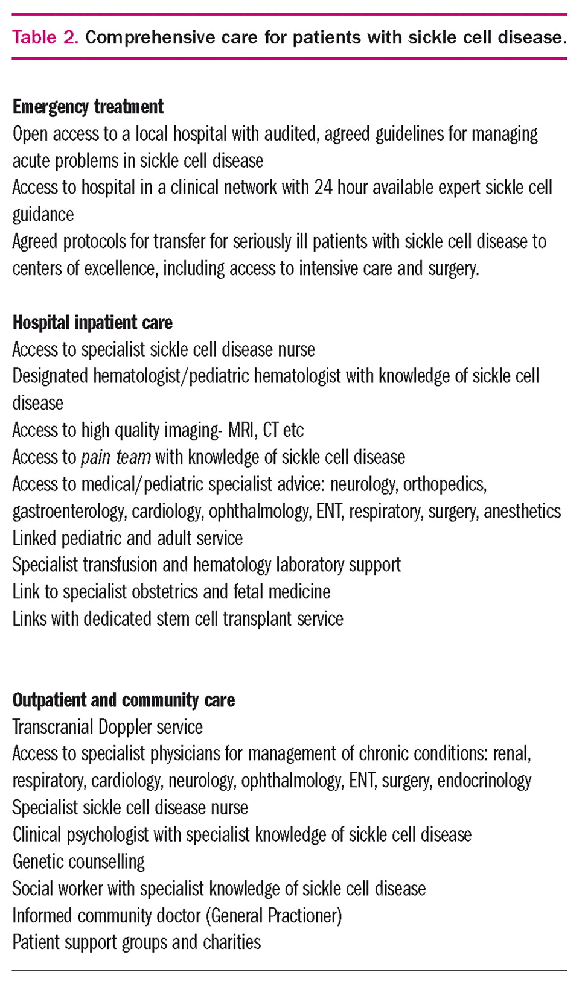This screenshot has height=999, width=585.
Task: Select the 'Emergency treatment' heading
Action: click(x=88, y=107)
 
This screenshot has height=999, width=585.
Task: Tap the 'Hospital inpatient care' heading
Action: click(x=92, y=323)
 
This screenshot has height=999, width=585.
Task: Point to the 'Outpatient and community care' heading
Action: click(x=123, y=700)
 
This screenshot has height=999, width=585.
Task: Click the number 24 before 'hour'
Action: click(x=323, y=188)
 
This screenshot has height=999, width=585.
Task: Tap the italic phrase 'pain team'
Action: click(x=116, y=457)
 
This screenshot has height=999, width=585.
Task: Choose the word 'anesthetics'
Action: click(x=522, y=512)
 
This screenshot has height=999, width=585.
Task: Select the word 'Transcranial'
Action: click(x=53, y=727)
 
